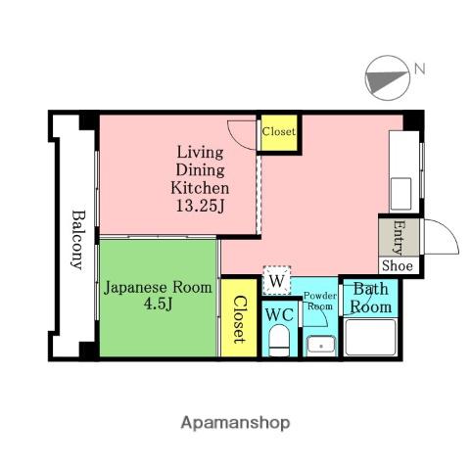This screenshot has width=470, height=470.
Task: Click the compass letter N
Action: tap(419, 70)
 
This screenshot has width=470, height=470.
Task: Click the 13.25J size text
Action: tap(201, 206)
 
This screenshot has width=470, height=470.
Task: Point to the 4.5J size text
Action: tap(158, 305)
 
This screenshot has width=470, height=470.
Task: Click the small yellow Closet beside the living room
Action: tap(279, 133)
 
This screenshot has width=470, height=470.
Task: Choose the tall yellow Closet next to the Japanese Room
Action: tap(239, 318)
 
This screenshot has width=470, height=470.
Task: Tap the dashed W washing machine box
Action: tap(277, 280)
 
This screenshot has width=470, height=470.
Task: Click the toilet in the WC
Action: tap(279, 340)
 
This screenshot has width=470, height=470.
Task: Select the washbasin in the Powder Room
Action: tap(321, 346)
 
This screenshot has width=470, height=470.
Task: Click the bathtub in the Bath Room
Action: tap(370, 338)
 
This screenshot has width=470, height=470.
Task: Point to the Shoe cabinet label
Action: tap(398, 265)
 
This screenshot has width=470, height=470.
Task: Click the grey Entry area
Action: tap(399, 237)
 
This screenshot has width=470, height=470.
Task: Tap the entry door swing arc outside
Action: tap(447, 230)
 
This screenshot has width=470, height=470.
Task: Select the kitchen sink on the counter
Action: tap(400, 194)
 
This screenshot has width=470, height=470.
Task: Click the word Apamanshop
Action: tap(235, 423)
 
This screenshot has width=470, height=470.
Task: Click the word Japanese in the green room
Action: tap(135, 289)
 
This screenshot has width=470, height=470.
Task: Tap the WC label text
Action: tap(279, 315)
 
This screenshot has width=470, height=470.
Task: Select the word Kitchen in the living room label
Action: tap(200, 188)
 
